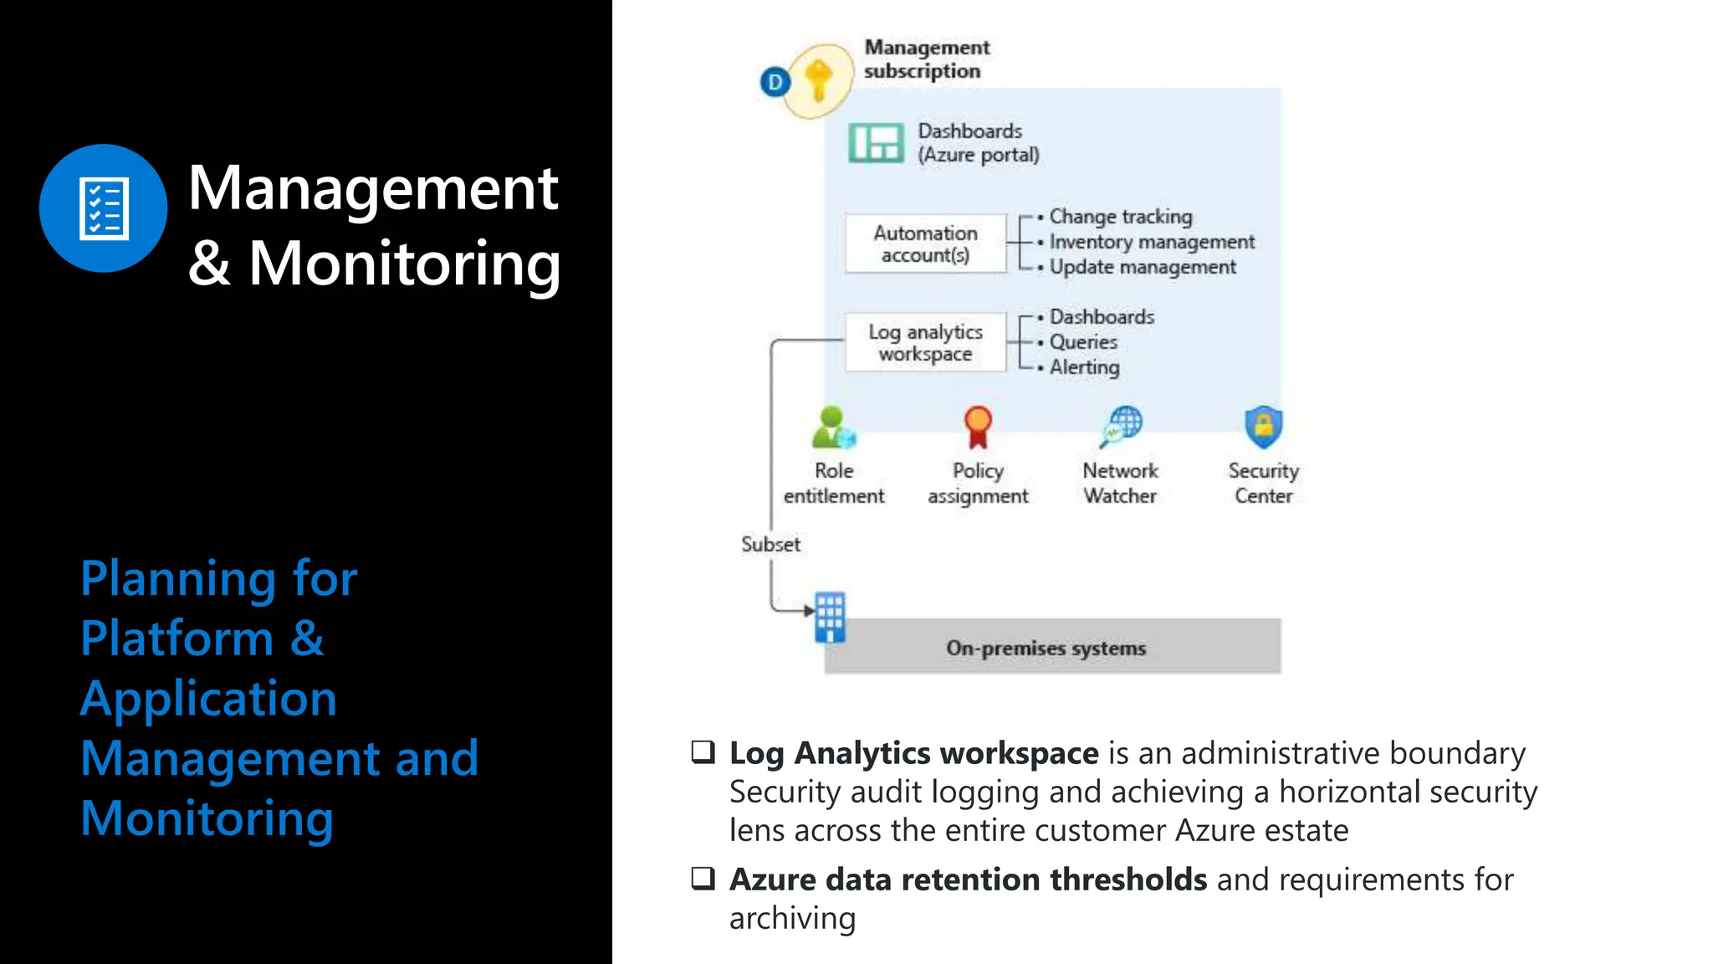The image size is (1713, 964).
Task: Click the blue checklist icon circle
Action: [103, 208]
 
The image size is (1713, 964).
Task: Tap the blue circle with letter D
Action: [775, 82]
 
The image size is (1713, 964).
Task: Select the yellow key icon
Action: [819, 81]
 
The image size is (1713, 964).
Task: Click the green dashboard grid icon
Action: [876, 143]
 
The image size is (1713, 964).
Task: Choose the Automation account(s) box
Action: [925, 244]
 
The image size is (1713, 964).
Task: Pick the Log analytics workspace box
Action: [925, 342]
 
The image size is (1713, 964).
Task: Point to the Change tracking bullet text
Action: [1120, 217]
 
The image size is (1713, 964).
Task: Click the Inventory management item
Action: [1152, 242]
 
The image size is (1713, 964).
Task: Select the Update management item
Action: [1143, 267]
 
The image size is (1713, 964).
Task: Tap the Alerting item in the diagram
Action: [1084, 367]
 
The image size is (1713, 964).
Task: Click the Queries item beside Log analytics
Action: [1083, 342]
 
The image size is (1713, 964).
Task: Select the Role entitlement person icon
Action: [833, 428]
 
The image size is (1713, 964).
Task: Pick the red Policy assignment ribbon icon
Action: [977, 427]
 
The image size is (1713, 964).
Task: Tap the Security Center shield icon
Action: [1263, 427]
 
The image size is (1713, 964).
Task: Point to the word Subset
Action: [770, 545]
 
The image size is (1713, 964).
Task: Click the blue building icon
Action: [830, 618]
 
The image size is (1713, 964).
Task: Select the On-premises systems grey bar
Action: [1052, 647]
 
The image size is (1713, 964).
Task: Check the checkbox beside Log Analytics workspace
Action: [703, 751]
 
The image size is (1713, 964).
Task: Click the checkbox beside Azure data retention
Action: [703, 878]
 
